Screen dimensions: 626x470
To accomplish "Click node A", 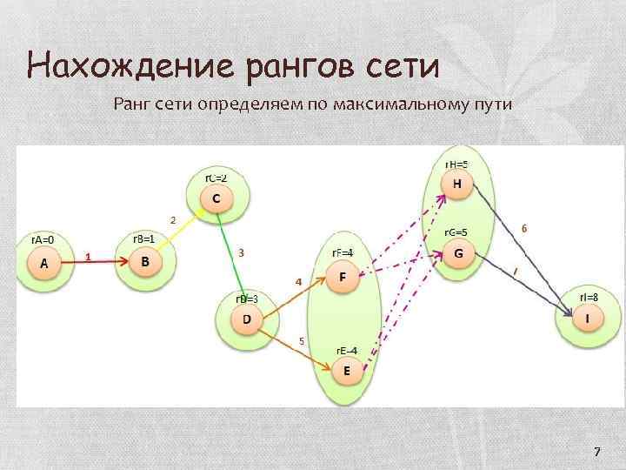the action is click(x=44, y=262).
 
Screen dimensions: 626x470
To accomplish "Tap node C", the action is click(x=216, y=198).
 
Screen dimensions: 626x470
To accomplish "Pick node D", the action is click(x=247, y=319).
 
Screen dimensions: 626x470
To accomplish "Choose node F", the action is click(x=343, y=277).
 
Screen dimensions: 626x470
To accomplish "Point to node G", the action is click(x=458, y=254).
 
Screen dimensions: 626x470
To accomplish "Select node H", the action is click(x=457, y=184).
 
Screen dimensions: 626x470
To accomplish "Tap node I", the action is click(x=588, y=319).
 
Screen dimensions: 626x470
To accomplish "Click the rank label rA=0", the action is click(x=43, y=238).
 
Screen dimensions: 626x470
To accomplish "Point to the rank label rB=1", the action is click(x=144, y=238).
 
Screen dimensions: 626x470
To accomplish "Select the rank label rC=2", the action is click(x=216, y=178).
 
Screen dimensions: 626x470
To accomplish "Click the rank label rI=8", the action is click(x=588, y=297).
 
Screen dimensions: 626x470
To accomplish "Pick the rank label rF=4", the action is click(x=343, y=252).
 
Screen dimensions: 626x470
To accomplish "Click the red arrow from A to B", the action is click(x=96, y=261).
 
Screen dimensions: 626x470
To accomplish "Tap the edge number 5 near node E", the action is click(x=302, y=341).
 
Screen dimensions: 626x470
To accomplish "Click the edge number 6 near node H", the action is click(x=523, y=227).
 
